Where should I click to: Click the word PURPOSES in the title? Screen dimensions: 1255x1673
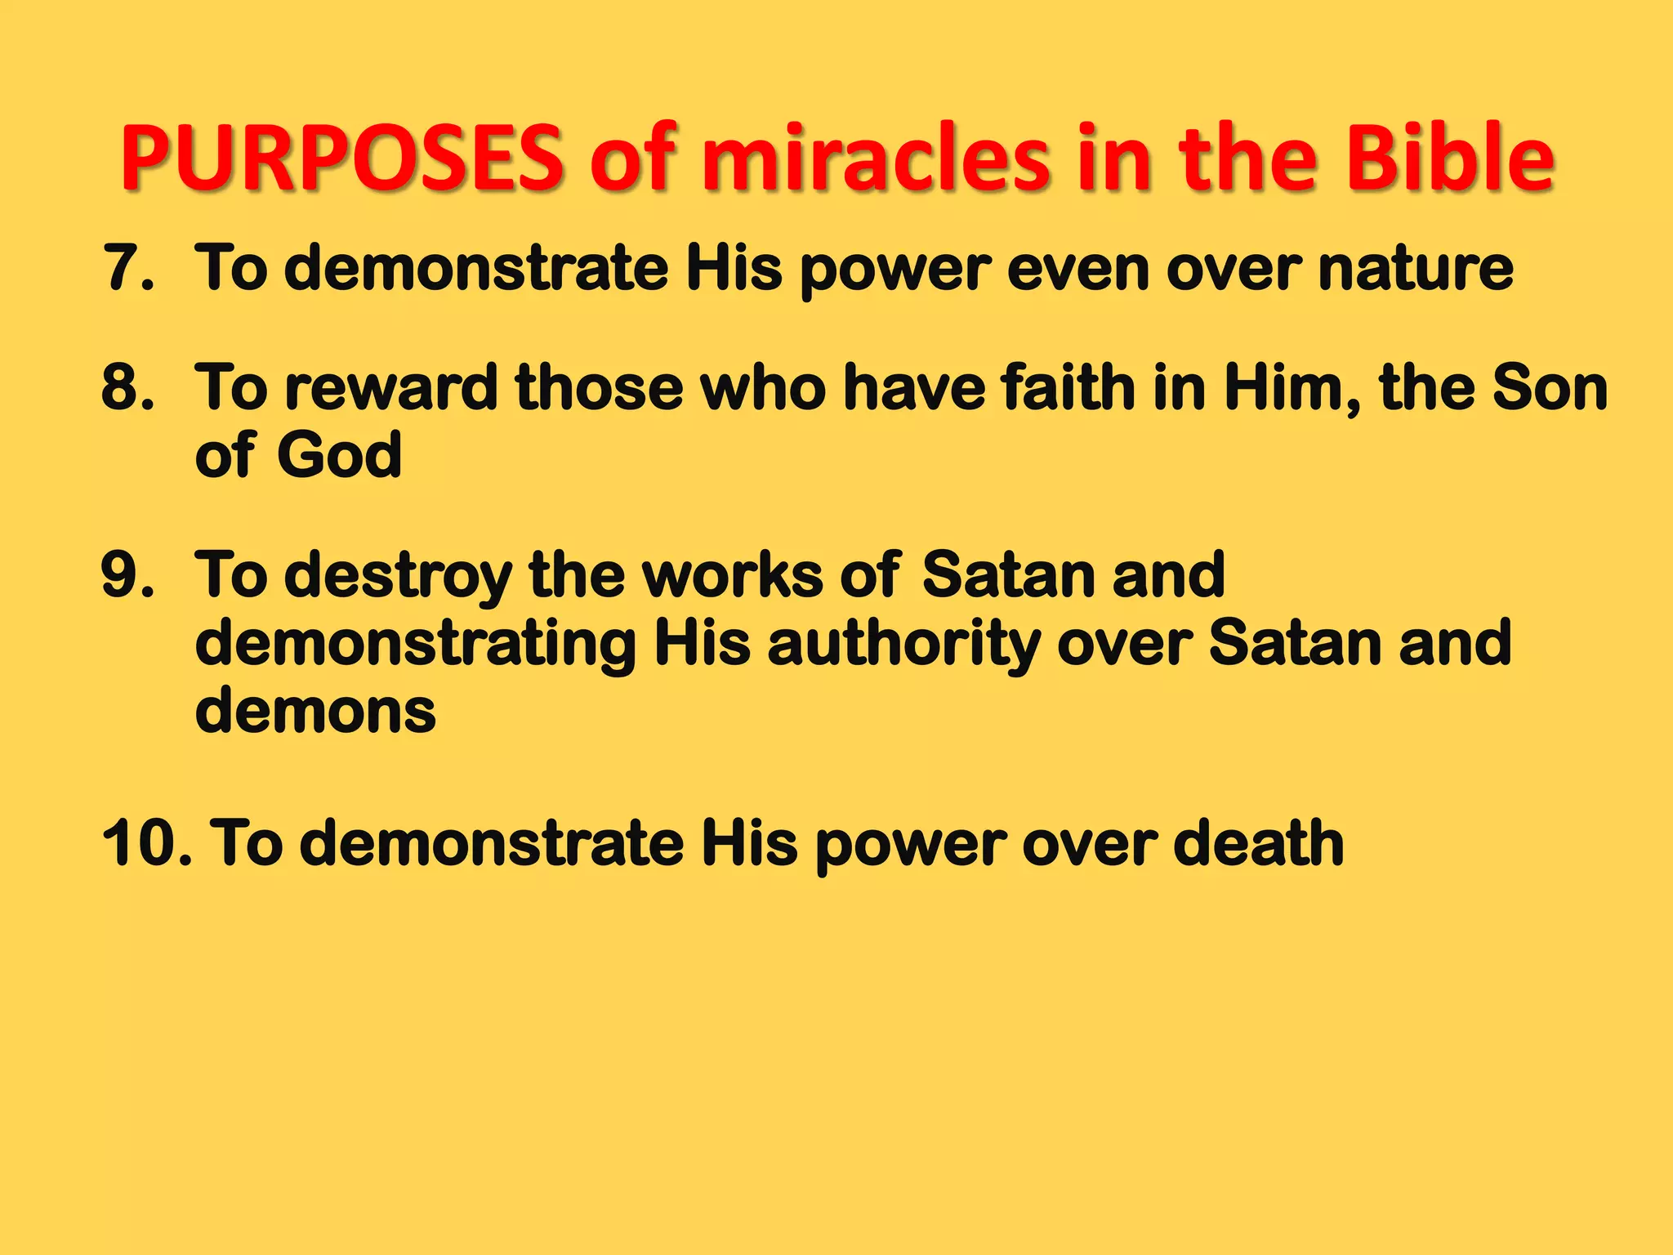pyautogui.click(x=342, y=158)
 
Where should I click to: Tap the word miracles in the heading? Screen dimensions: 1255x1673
pyautogui.click(x=875, y=158)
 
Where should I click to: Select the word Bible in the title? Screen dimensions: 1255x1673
pyautogui.click(x=1450, y=158)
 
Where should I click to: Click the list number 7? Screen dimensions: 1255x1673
pyautogui.click(x=127, y=268)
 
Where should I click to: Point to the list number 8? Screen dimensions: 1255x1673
pyautogui.click(x=127, y=387)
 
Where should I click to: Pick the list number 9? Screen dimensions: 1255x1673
pyautogui.click(x=127, y=575)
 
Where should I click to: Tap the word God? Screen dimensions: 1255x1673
pyautogui.click(x=339, y=455)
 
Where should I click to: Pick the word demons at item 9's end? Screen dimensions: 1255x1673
pyautogui.click(x=315, y=712)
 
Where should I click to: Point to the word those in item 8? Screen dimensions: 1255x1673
pyautogui.click(x=599, y=387)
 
